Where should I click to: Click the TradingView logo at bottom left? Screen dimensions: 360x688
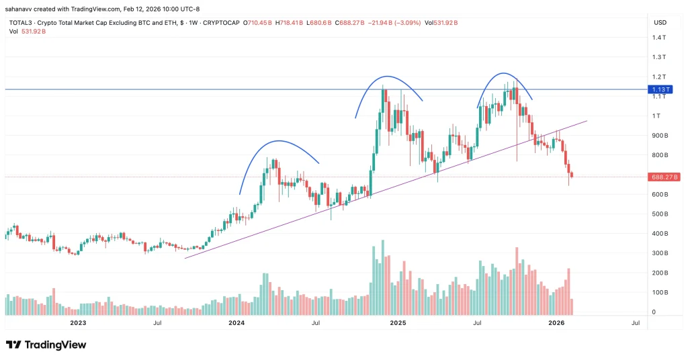click(46, 345)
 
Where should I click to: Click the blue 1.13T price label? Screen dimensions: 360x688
click(658, 89)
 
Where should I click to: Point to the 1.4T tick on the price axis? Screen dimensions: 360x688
click(659, 38)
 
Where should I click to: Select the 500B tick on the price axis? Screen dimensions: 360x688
click(659, 214)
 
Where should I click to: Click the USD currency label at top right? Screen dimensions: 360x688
click(659, 22)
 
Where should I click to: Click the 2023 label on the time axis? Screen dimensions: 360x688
click(78, 323)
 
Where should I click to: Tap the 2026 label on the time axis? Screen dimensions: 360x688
click(556, 323)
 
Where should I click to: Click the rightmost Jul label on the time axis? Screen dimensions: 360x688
click(635, 323)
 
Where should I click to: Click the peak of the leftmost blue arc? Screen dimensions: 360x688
click(279, 141)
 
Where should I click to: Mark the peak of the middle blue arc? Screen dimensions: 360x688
click(387, 77)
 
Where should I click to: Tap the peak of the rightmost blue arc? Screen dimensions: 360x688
click(503, 73)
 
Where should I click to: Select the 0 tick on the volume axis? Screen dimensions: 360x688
click(653, 312)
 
